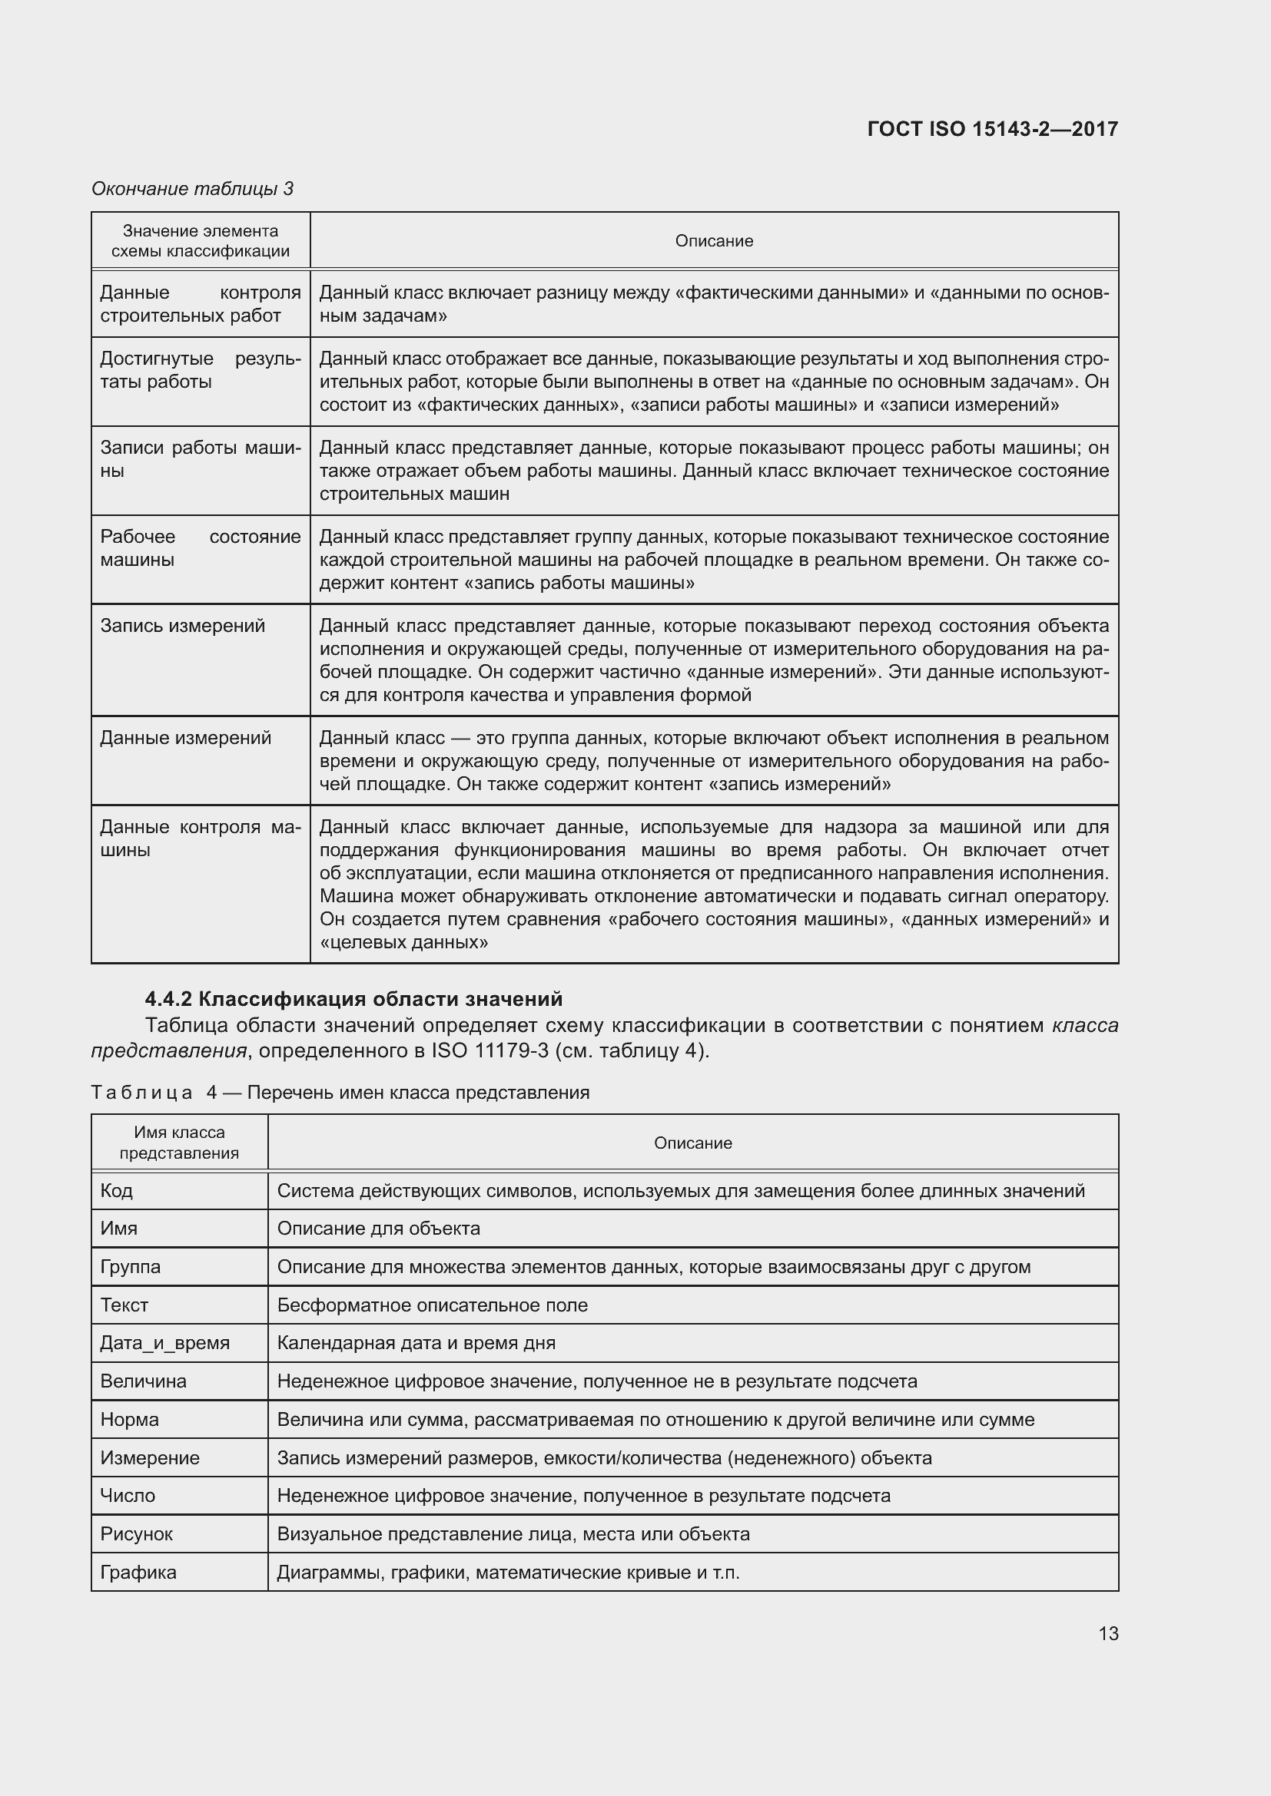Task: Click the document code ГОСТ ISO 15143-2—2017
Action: click(x=991, y=129)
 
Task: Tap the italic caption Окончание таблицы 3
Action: click(x=193, y=189)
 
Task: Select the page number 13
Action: click(x=1107, y=1633)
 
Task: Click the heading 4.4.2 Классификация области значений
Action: click(x=353, y=999)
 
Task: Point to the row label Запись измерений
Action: click(x=182, y=626)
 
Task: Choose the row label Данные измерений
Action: click(x=185, y=738)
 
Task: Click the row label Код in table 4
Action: click(x=117, y=1191)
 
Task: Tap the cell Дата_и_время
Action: click(x=165, y=1343)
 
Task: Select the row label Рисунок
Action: click(x=136, y=1534)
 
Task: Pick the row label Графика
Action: click(x=138, y=1573)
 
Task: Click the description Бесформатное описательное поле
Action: click(x=432, y=1305)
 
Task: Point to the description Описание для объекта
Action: click(x=378, y=1228)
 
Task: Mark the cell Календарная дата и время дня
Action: click(x=416, y=1343)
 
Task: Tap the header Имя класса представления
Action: click(x=179, y=1142)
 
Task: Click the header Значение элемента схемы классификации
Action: click(x=201, y=241)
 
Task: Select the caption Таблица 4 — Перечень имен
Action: click(x=340, y=1093)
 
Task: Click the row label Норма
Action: click(x=129, y=1420)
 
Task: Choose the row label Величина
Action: click(x=143, y=1381)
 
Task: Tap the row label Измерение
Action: click(x=150, y=1458)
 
